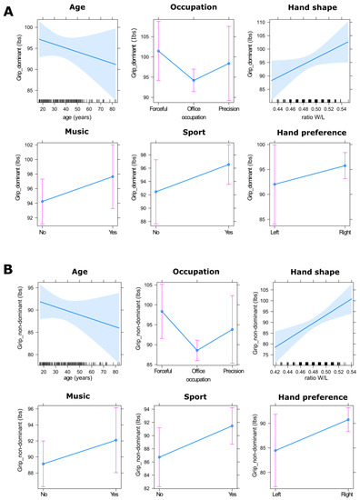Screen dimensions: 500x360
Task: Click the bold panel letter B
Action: click(x=8, y=269)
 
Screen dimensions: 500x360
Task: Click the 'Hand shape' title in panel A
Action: click(x=303, y=7)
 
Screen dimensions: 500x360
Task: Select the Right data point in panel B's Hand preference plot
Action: click(x=345, y=419)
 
